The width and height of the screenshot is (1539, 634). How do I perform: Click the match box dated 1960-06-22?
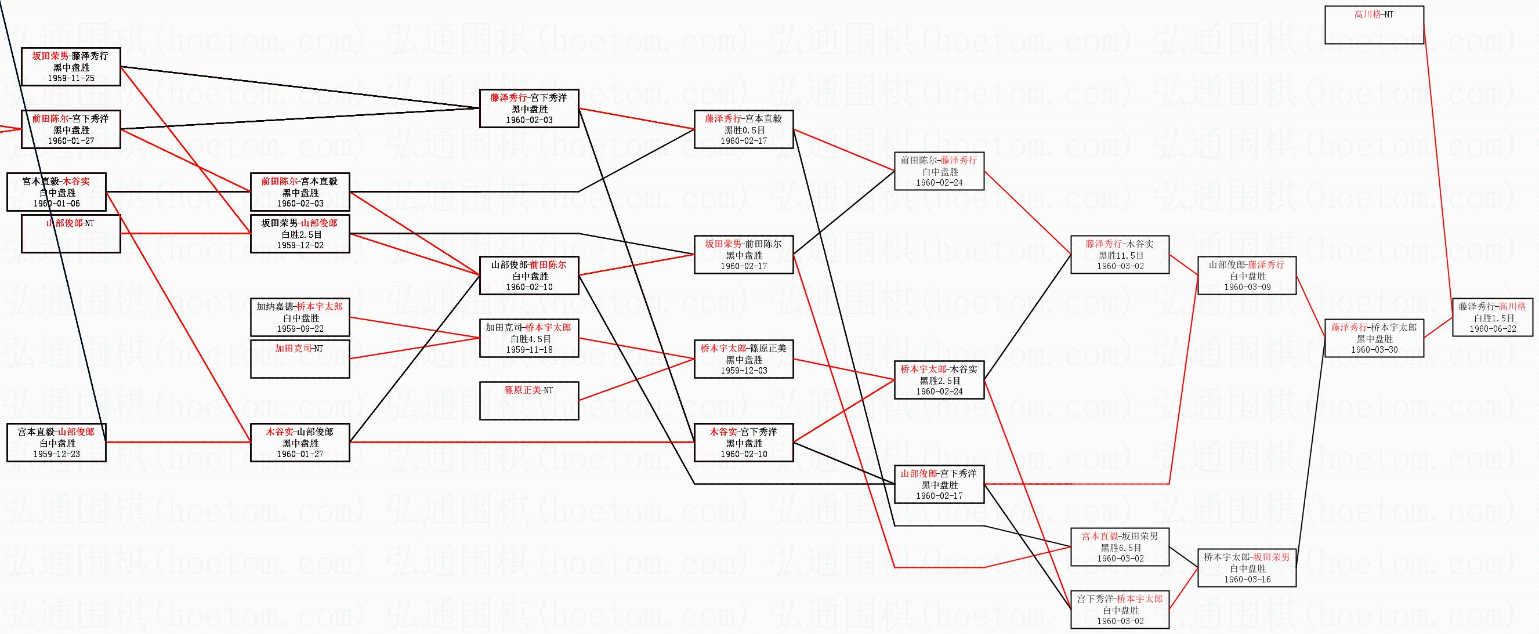click(1493, 318)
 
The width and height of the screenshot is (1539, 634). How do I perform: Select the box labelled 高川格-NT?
click(1374, 25)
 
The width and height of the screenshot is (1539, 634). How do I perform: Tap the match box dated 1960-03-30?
click(1374, 339)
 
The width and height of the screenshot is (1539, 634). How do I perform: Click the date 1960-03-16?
click(1247, 579)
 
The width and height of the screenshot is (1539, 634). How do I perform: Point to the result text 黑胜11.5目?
click(1120, 255)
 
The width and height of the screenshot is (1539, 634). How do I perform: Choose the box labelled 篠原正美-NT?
click(528, 400)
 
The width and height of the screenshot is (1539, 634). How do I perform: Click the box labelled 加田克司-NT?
click(299, 358)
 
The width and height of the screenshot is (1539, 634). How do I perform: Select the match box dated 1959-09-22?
click(299, 318)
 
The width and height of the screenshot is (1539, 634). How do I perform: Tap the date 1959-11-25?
click(71, 78)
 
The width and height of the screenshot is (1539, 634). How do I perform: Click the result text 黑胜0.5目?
click(744, 130)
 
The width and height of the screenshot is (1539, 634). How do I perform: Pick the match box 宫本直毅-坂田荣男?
click(1120, 547)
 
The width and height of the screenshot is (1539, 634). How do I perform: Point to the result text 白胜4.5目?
click(528, 339)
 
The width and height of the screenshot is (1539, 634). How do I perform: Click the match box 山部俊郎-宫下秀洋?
click(939, 484)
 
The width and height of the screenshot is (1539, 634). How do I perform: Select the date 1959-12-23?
click(57, 454)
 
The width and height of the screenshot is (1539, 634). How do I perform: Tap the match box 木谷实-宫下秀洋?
click(743, 442)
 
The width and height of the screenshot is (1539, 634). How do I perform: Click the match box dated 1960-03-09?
click(1247, 276)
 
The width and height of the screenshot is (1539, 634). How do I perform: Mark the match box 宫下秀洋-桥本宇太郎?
click(1120, 610)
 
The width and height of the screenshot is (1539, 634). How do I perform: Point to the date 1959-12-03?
click(744, 371)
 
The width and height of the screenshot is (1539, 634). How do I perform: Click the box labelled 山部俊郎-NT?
click(71, 233)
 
